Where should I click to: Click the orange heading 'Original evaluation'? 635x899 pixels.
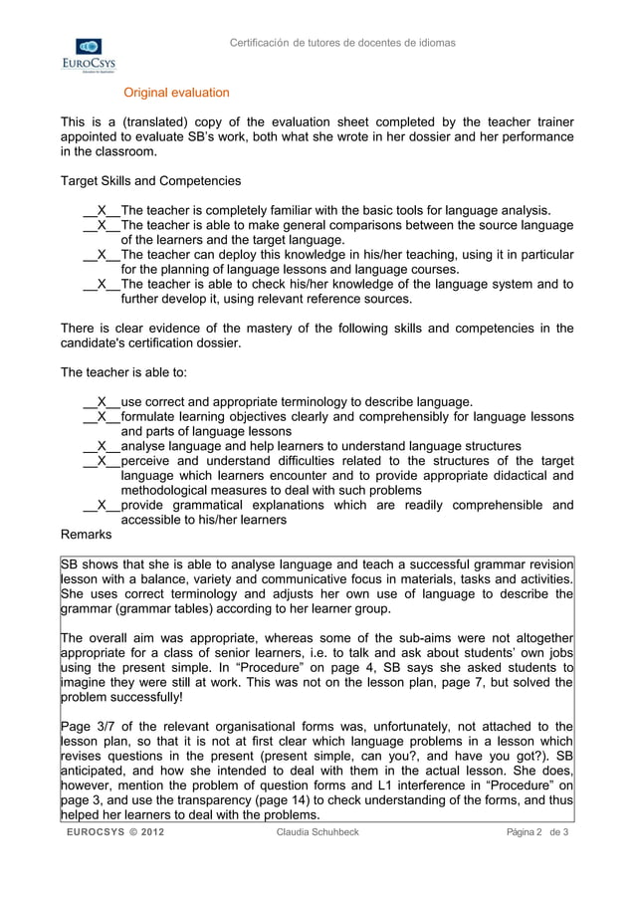pyautogui.click(x=176, y=93)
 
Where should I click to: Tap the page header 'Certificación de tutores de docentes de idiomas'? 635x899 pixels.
pyautogui.click(x=342, y=43)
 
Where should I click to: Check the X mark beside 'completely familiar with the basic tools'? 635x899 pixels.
pyautogui.click(x=102, y=210)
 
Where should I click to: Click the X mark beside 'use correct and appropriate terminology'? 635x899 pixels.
pyautogui.click(x=102, y=402)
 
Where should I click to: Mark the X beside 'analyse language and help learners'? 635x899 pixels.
pyautogui.click(x=102, y=447)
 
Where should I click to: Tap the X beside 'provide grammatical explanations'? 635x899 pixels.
pyautogui.click(x=102, y=505)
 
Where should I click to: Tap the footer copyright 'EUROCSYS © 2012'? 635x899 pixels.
pyautogui.click(x=116, y=832)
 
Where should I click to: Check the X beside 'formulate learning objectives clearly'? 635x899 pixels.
pyautogui.click(x=102, y=417)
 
